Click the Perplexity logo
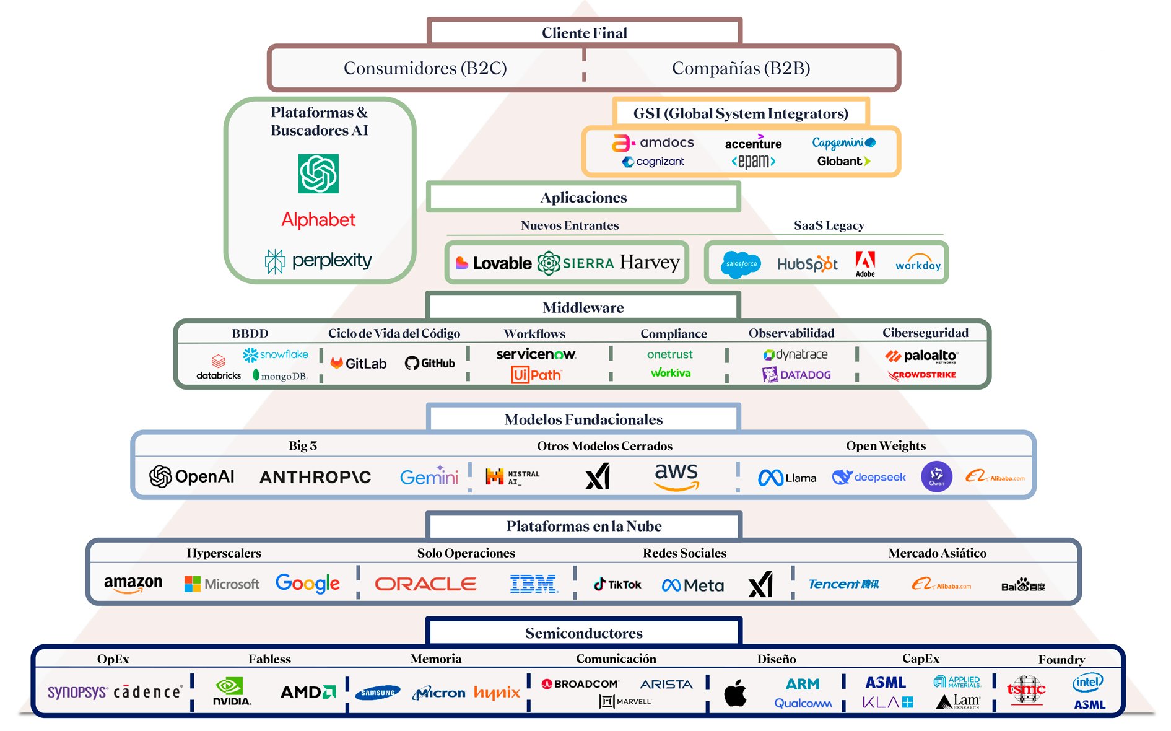tap(318, 261)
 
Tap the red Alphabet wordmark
tap(318, 220)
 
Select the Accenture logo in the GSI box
tap(753, 143)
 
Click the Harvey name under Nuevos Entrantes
tap(650, 263)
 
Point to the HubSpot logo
tap(807, 265)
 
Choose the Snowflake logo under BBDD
tap(276, 354)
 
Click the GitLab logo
tap(359, 364)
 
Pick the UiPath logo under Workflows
tap(536, 375)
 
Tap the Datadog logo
tap(796, 375)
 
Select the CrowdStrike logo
tap(922, 375)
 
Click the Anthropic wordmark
tap(315, 477)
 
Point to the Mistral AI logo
tap(512, 477)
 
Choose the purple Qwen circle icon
tap(936, 476)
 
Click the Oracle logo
tap(425, 584)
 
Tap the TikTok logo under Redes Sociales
tap(617, 584)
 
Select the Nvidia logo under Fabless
tap(232, 691)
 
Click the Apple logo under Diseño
tap(735, 693)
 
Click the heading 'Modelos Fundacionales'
tap(583, 419)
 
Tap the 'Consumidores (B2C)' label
tap(425, 68)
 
